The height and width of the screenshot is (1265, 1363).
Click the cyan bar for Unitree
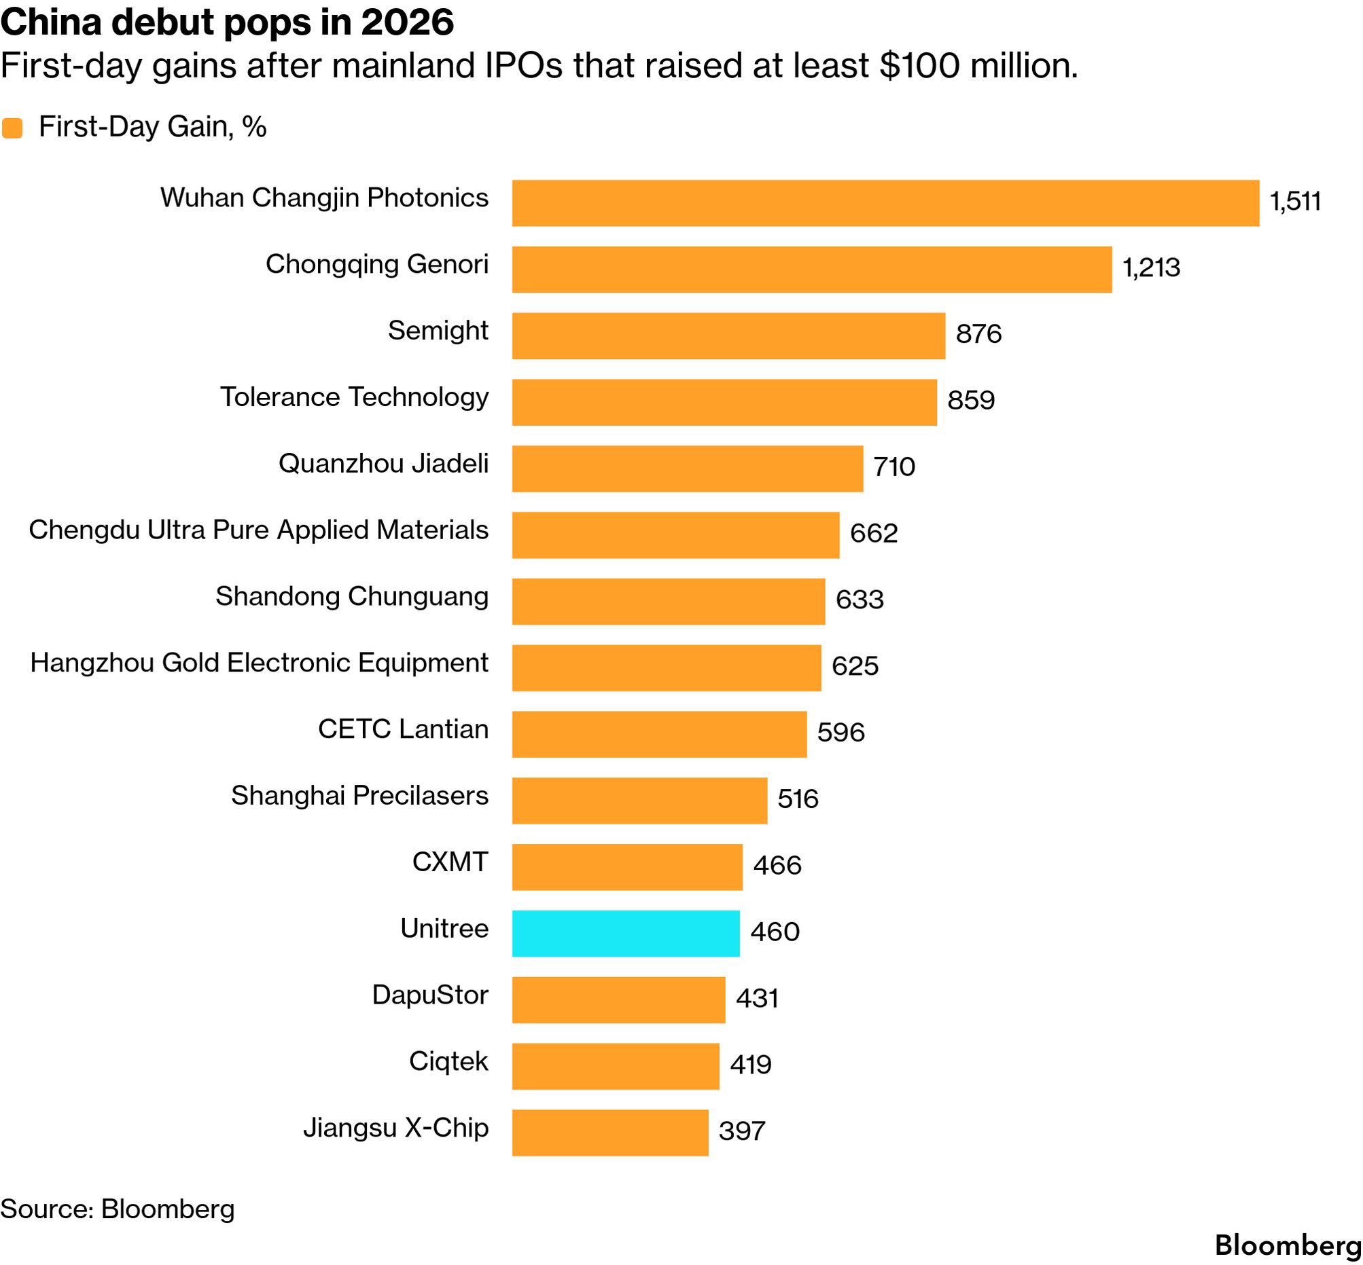point(625,933)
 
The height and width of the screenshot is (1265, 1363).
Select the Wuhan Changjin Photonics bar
point(885,202)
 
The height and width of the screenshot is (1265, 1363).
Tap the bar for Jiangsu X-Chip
point(610,1132)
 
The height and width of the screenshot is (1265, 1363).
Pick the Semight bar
point(729,335)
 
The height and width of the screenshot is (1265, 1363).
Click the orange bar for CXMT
point(627,866)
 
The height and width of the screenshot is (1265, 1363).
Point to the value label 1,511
point(1295,201)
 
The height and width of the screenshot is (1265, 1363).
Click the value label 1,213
point(1151,268)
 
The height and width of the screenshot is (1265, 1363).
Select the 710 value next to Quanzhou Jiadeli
point(893,467)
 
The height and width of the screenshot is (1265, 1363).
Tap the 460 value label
point(775,932)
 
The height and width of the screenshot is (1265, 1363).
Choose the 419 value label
point(751,1065)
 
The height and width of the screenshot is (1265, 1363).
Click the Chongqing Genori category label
point(377,265)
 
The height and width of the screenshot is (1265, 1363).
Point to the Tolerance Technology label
point(354,397)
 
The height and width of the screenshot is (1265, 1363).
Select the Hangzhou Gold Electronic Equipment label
point(260,663)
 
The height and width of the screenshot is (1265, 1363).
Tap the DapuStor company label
point(430,995)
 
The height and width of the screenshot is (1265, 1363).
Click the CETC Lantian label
point(404,729)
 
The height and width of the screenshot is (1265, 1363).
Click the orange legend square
point(12,128)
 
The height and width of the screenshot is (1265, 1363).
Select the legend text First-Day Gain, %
point(153,128)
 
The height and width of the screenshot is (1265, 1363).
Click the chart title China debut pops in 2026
point(228,22)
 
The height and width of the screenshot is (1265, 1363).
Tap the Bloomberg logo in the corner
point(1288,1245)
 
